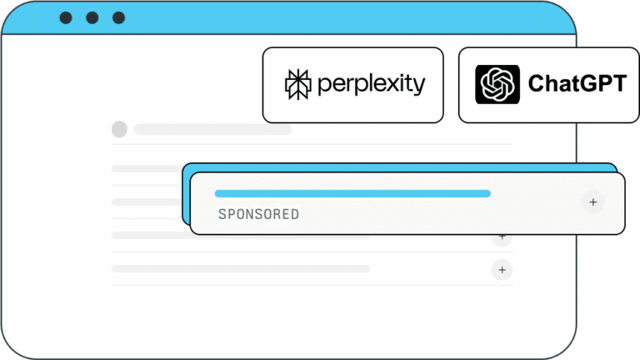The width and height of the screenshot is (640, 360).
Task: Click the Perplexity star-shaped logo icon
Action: click(298, 84)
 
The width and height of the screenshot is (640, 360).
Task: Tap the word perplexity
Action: click(372, 85)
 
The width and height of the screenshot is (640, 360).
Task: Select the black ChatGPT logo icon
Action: click(497, 84)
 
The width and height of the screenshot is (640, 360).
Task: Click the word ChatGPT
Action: click(577, 83)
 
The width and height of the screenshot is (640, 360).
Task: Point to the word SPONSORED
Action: click(259, 214)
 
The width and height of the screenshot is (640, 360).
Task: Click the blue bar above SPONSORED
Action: click(352, 193)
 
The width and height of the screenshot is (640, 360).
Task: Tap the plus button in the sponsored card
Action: click(593, 202)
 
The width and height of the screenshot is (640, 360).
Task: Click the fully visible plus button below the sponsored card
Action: click(502, 270)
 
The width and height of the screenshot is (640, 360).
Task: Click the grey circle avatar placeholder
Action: click(120, 129)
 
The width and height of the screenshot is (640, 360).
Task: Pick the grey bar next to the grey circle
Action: click(212, 130)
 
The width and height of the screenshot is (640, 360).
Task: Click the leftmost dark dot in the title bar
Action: click(66, 18)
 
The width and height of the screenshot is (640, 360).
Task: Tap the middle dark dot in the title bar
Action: click(92, 18)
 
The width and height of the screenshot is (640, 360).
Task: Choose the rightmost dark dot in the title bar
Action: click(119, 18)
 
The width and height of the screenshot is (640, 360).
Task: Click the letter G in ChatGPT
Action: click(587, 83)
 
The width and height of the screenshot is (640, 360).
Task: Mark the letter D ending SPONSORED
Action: click(295, 214)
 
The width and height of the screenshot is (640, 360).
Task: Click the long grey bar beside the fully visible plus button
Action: click(241, 268)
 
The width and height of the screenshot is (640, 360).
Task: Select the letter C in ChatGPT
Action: click(537, 83)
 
